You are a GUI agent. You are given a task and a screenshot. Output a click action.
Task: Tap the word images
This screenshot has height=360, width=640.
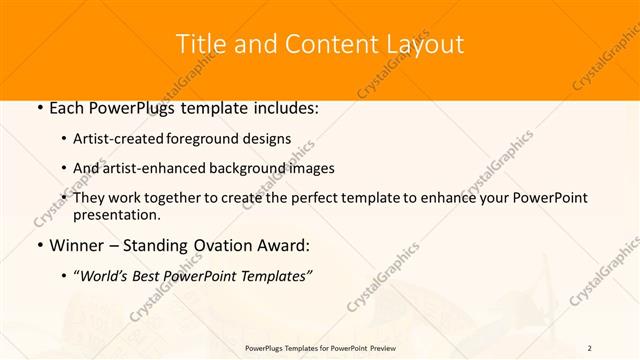[311, 169]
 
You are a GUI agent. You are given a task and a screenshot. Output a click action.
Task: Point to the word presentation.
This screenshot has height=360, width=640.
[117, 214]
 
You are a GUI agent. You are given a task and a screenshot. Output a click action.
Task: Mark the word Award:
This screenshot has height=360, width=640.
[284, 246]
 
